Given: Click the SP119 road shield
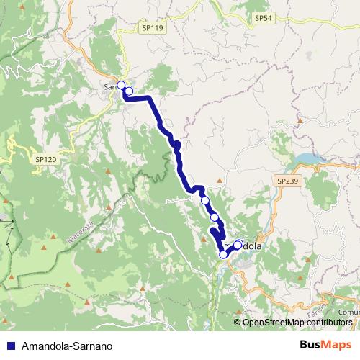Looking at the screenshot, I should pyautogui.click(x=153, y=27).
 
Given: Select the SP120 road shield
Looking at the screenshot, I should pyautogui.click(x=45, y=158).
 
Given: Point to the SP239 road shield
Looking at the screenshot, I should pyautogui.click(x=287, y=181).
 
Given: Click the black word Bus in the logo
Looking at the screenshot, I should pyautogui.click(x=311, y=345).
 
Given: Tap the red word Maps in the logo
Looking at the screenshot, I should pyautogui.click(x=337, y=345).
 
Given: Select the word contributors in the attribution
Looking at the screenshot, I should pyautogui.click(x=330, y=323).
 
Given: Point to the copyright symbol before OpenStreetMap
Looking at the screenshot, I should pyautogui.click(x=238, y=323).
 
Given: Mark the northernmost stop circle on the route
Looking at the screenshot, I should pyautogui.click(x=121, y=86).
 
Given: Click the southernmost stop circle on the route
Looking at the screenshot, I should pyautogui.click(x=223, y=254).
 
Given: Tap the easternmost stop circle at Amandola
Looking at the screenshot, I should pyautogui.click(x=238, y=244).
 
